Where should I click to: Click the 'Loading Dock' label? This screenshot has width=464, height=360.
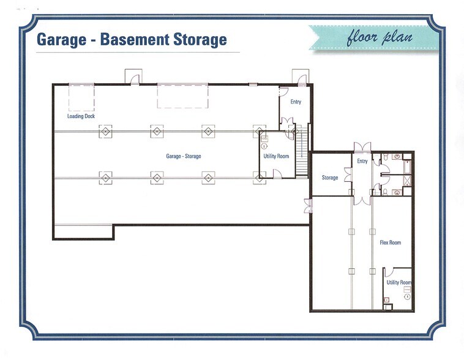coord(81,116)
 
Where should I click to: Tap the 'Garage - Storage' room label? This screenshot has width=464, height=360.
coord(183,156)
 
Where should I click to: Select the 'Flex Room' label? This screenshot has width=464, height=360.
coord(391,242)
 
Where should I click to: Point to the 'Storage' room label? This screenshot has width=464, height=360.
coord(330,178)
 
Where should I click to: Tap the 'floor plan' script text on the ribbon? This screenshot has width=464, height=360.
coord(380,37)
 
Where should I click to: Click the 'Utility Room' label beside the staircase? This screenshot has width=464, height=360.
coord(276,156)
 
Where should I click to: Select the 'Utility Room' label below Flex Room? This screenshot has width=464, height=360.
coord(399,282)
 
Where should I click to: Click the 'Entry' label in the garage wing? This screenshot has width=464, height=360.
coord(296,102)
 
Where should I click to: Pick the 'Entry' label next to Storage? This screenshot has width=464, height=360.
coord(362,161)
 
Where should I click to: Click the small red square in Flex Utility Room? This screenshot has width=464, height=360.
coord(386,299)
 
